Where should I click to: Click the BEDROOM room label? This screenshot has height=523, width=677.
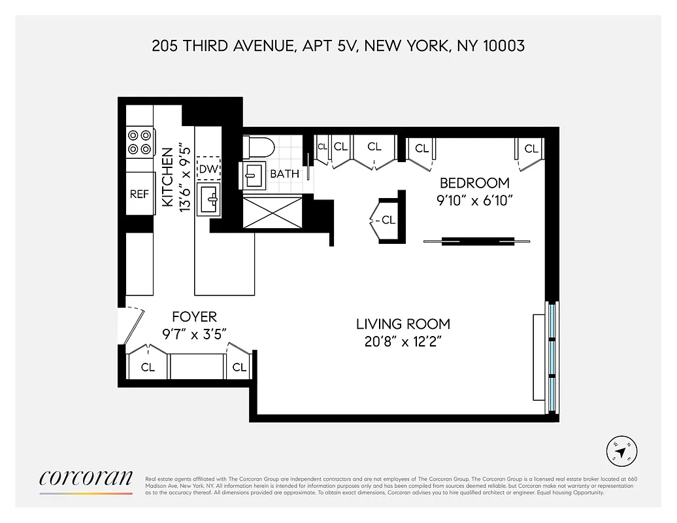tap(474, 183)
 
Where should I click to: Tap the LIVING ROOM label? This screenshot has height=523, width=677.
tap(403, 324)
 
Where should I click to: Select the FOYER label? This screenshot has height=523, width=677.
tap(194, 317)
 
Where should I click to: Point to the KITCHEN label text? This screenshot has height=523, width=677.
tap(168, 178)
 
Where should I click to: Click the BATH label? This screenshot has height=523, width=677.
tap(284, 174)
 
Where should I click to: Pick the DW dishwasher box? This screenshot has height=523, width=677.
tap(208, 170)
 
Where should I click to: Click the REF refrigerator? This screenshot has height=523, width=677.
tap(139, 194)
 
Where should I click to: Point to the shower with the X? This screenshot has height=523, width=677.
tap(273, 212)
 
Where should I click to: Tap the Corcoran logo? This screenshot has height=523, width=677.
tap(86, 479)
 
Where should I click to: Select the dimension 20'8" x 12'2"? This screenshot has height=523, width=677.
tap(403, 341)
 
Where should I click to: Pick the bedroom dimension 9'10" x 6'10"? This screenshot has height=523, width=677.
tap(474, 200)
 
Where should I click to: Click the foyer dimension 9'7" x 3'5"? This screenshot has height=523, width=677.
tap(194, 333)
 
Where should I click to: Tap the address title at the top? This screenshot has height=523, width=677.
tap(338, 46)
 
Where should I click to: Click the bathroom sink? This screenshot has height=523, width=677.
tap(253, 174)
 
